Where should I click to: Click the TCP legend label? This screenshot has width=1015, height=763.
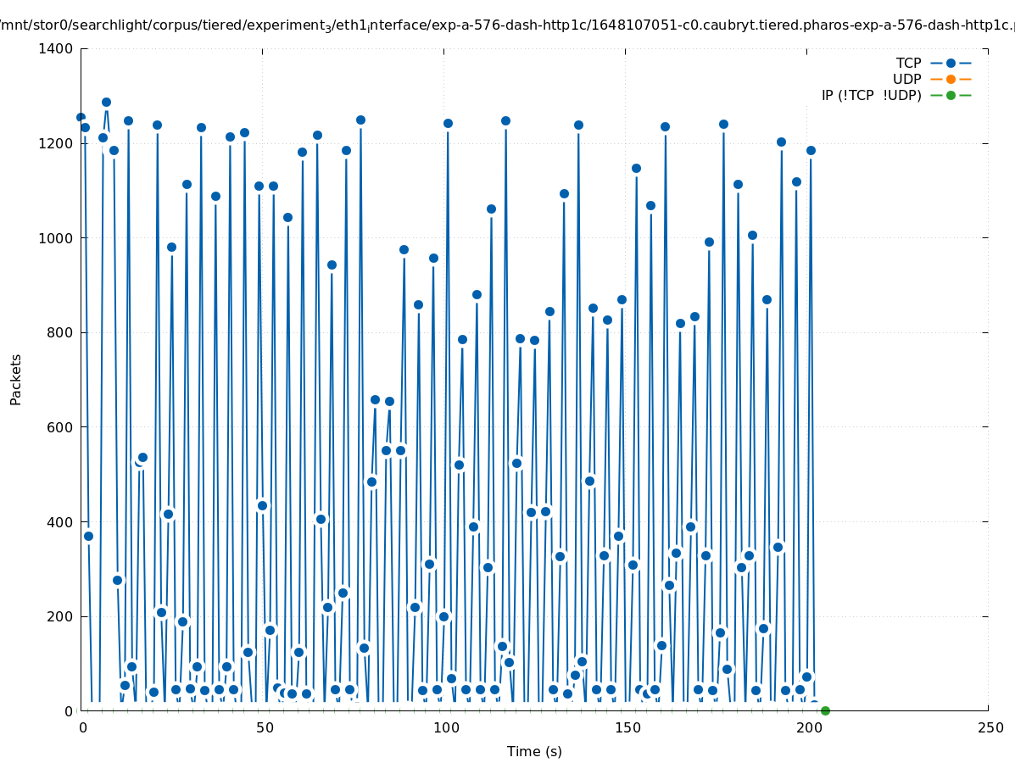[908, 63]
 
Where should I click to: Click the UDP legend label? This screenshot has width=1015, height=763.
[906, 79]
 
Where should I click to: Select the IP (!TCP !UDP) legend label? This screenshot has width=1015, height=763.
[871, 95]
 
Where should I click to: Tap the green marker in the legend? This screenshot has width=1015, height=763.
[951, 95]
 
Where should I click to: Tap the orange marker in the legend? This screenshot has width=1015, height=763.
[951, 79]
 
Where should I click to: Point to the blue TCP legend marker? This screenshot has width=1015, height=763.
[951, 63]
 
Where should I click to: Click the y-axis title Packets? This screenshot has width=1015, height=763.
[16, 379]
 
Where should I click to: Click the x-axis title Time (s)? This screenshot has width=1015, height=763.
[534, 751]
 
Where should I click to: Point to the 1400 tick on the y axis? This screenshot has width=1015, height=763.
[55, 48]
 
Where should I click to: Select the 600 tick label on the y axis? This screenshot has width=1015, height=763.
[59, 427]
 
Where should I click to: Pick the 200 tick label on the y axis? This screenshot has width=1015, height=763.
[59, 616]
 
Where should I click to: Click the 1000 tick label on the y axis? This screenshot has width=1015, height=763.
[55, 238]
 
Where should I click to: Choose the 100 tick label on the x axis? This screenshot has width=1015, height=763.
[445, 727]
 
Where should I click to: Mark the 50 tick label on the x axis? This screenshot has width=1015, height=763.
[263, 727]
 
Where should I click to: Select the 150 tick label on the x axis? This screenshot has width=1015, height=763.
[626, 727]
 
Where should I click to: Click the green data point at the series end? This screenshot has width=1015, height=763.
[825, 710]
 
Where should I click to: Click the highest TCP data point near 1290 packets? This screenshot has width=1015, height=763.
[106, 103]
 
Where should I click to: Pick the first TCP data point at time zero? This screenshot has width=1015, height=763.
[81, 117]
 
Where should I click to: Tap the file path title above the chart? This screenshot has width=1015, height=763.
[507, 26]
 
